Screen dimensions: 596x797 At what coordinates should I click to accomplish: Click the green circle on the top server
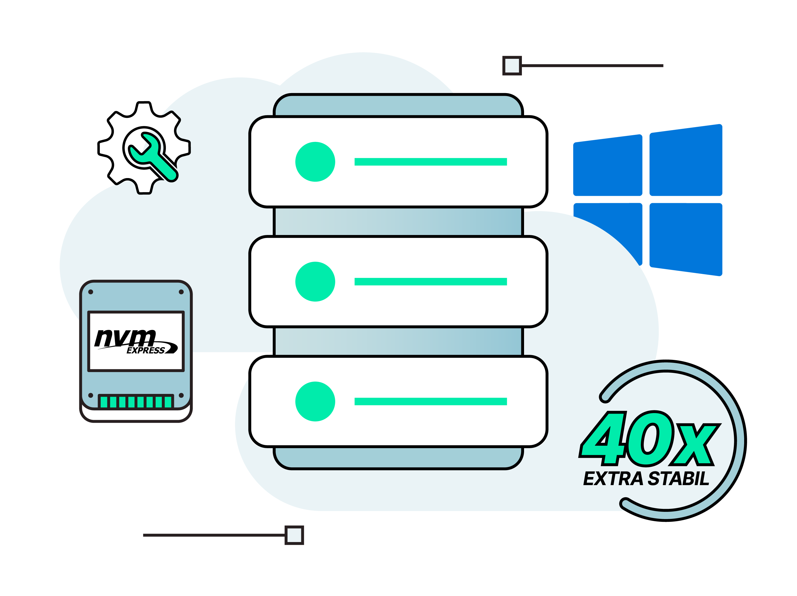(315, 162)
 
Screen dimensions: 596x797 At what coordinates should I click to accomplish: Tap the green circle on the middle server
(315, 281)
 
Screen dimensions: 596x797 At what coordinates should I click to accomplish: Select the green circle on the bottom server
(315, 401)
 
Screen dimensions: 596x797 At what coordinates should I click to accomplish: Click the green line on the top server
(430, 162)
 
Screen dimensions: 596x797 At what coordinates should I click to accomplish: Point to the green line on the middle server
(430, 281)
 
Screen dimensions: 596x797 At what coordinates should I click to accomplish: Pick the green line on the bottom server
(430, 401)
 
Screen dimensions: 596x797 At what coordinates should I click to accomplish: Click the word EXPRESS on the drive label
(146, 350)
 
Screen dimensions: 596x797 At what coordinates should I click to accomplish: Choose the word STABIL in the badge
(678, 479)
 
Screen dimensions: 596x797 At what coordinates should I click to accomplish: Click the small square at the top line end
(512, 66)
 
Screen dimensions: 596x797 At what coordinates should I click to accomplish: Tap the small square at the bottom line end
(294, 535)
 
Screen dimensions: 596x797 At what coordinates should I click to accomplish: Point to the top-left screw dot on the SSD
(91, 292)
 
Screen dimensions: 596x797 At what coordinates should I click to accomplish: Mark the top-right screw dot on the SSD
(181, 292)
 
